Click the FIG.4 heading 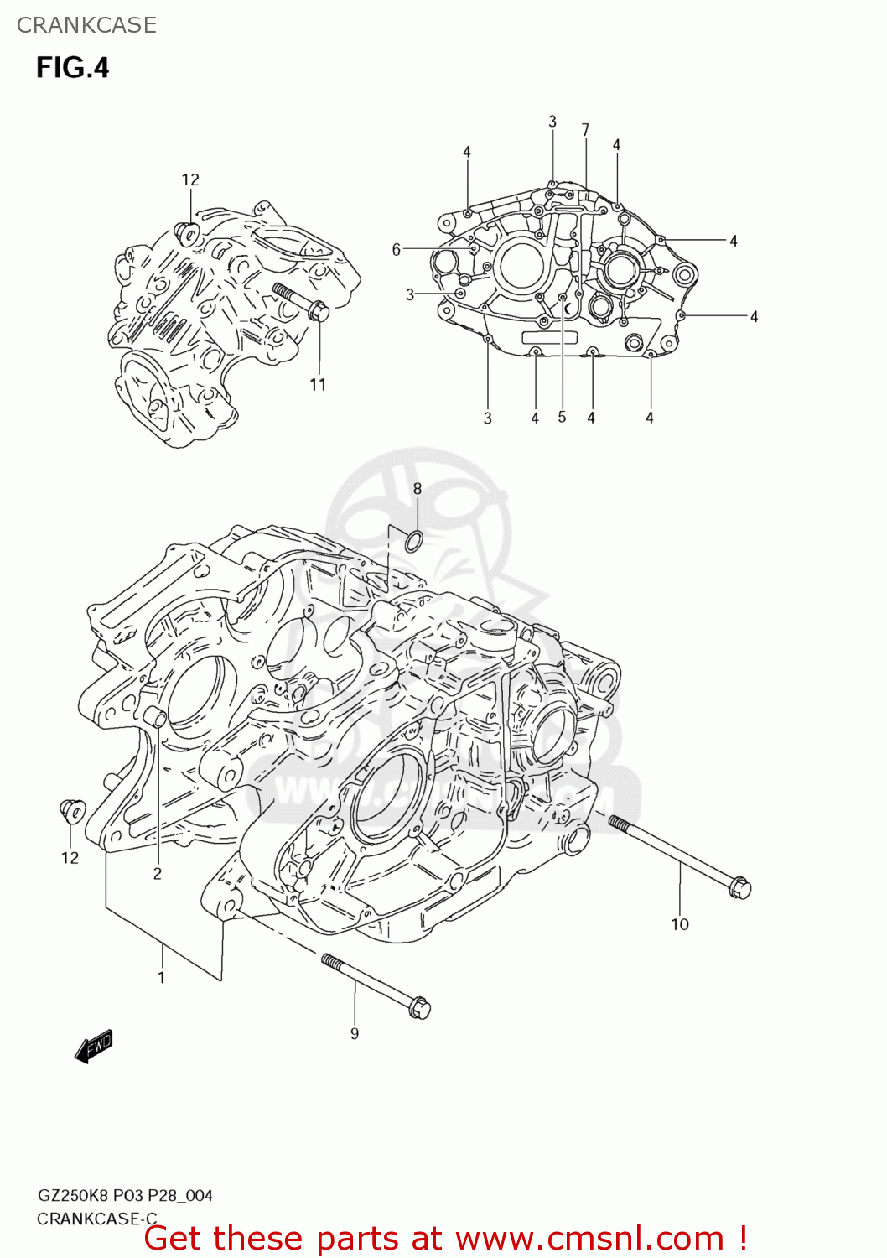pos(72,67)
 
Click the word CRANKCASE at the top pos(86,25)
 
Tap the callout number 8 pos(417,489)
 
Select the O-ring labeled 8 pos(413,542)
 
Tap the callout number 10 pos(679,924)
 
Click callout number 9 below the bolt pos(355,1033)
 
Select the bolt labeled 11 pos(301,302)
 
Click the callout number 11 pos(318,385)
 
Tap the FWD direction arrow pos(93,1047)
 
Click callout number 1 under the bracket pos(161,977)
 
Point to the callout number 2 pos(157,874)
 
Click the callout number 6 pos(397,249)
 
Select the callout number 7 pos(585,130)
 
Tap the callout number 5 pos(562,417)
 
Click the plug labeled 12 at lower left pos(72,811)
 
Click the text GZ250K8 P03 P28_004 pos(125,1195)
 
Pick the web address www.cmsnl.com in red pos(589,1239)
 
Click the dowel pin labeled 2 pos(155,717)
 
